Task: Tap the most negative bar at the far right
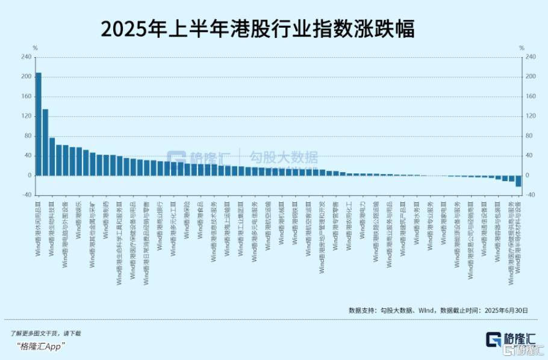point(518,181)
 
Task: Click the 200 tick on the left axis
point(26,76)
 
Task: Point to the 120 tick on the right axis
point(531,116)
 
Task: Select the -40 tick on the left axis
point(26,195)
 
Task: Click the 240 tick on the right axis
point(531,57)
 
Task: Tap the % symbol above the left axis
point(35,48)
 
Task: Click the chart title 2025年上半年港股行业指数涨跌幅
point(258,29)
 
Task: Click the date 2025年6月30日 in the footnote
point(503,311)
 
